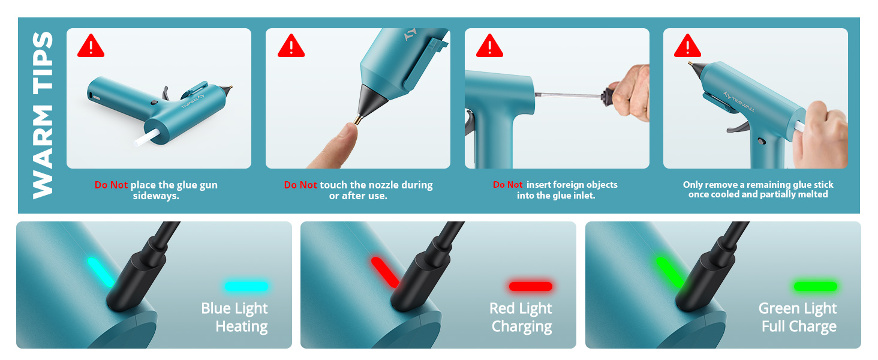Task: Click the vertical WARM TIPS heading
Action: pyautogui.click(x=43, y=115)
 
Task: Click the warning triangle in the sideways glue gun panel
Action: pyautogui.click(x=91, y=46)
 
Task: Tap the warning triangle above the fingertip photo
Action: pyautogui.click(x=291, y=46)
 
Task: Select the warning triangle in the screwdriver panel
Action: pyautogui.click(x=489, y=46)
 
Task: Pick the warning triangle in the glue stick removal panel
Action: pyautogui.click(x=687, y=46)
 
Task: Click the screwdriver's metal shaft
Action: pyautogui.click(x=567, y=95)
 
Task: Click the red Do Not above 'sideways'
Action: pyautogui.click(x=111, y=185)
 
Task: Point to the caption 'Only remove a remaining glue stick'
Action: pyautogui.click(x=758, y=185)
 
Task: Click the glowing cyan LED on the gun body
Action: pyautogui.click(x=101, y=272)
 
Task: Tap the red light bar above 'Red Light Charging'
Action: pyautogui.click(x=530, y=286)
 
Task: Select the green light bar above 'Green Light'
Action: pyautogui.click(x=815, y=286)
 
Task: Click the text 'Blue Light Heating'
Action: pyautogui.click(x=235, y=317)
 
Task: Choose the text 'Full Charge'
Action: pyautogui.click(x=799, y=327)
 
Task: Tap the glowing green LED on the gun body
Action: pyautogui.click(x=669, y=272)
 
